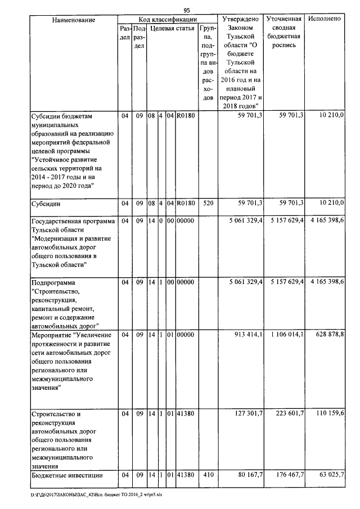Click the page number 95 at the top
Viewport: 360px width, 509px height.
[187, 10]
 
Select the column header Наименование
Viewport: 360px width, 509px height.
[73, 19]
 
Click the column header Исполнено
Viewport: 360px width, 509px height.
[325, 19]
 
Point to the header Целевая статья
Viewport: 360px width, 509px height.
[172, 28]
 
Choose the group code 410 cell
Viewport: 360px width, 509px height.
[208, 475]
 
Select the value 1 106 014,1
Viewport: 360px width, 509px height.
[285, 335]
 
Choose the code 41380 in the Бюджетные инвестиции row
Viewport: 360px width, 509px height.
[185, 475]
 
